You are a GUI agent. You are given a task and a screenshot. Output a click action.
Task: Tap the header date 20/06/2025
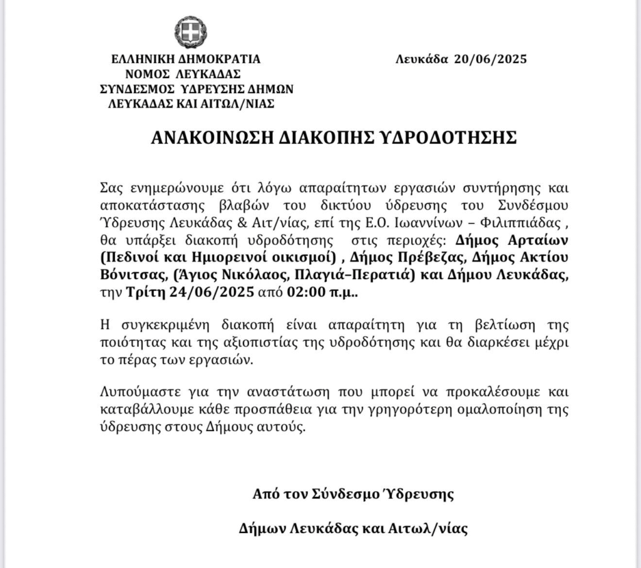pyautogui.click(x=490, y=60)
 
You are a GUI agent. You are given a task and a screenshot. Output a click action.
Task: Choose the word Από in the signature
pyautogui.click(x=265, y=494)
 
